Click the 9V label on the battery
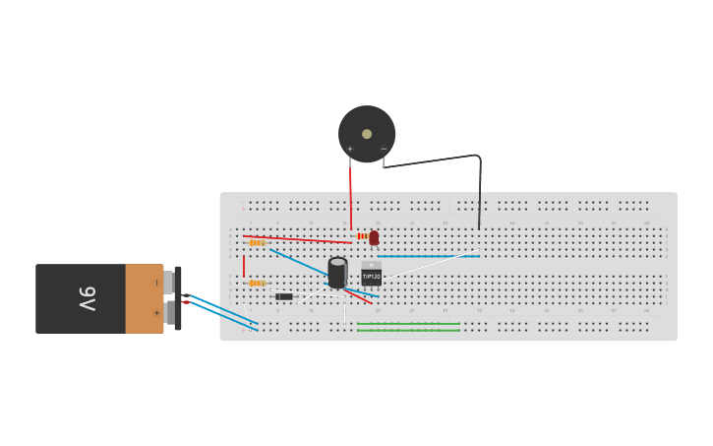click(x=86, y=297)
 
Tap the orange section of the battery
click(x=144, y=298)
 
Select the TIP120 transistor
click(x=371, y=277)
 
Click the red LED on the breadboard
click(x=374, y=237)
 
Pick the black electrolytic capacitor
click(x=337, y=273)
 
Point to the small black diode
click(x=283, y=296)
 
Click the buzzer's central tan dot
click(x=367, y=134)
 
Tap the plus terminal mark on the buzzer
click(x=350, y=149)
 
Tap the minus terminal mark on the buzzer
click(x=384, y=149)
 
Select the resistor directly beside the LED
click(x=362, y=236)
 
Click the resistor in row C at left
click(x=257, y=242)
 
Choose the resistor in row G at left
click(x=257, y=283)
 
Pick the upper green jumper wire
click(x=408, y=323)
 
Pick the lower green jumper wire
click(x=408, y=330)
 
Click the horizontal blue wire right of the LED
click(x=428, y=256)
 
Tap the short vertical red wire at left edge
click(x=244, y=266)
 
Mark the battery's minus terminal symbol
click(x=156, y=283)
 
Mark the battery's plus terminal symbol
click(x=156, y=313)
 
